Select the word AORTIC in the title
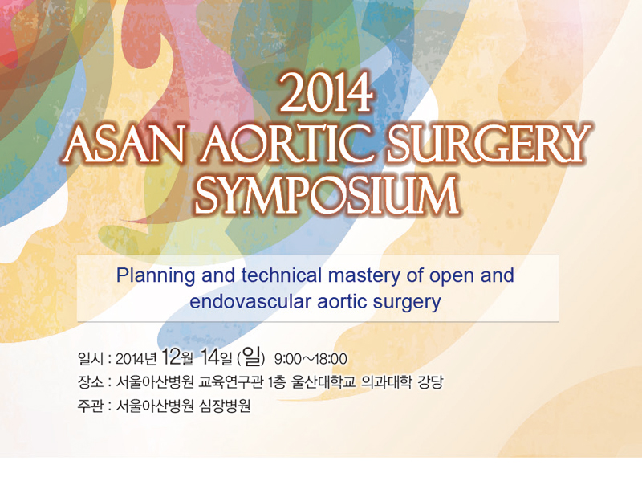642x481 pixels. click(285, 144)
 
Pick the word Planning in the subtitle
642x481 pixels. click(156, 276)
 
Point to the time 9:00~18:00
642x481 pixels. click(311, 359)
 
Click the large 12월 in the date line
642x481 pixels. click(177, 357)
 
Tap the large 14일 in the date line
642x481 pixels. click(217, 357)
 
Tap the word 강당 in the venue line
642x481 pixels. click(430, 383)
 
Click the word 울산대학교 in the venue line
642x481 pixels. click(323, 383)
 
